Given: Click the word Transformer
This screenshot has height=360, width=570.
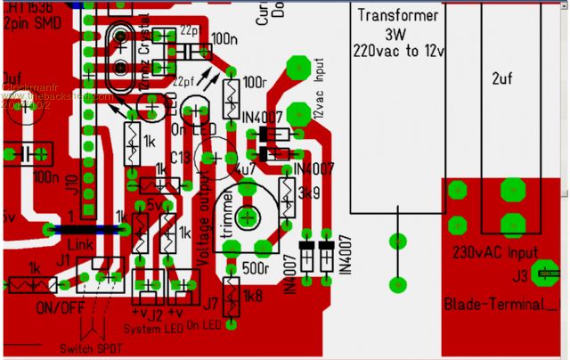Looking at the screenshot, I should tap(398, 16).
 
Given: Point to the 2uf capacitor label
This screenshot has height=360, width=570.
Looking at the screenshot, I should tap(503, 78).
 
